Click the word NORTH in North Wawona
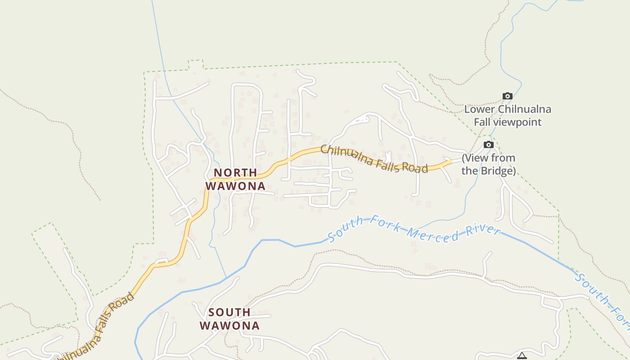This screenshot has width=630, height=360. coord(235,173)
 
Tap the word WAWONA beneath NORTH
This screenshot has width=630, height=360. coord(235,186)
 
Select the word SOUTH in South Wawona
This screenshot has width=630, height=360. coord(229,312)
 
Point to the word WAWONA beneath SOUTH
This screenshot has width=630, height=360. coord(229,325)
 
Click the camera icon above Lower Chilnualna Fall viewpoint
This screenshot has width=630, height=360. coord(508,96)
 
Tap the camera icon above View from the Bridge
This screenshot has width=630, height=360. coord(489,144)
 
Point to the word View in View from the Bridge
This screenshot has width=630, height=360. coord(477,158)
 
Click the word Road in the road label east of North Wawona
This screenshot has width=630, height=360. coord(414,168)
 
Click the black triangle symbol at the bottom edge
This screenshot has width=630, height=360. coord(522,356)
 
